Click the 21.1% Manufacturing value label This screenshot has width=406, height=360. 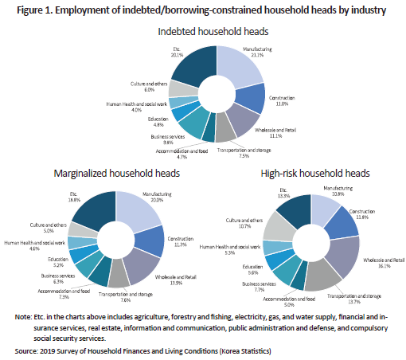coord(257,55)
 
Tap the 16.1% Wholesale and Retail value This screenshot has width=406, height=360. coord(384,266)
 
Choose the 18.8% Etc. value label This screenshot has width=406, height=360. coord(74,200)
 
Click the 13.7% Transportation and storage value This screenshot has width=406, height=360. coord(354,302)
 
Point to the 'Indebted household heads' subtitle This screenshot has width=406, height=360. coord(213,32)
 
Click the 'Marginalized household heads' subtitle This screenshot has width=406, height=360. coord(117,174)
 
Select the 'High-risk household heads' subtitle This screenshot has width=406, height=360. coord(315,174)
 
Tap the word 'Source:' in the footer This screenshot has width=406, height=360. coord(26,351)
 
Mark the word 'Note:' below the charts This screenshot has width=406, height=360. coord(23,317)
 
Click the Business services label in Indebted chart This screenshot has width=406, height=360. coord(168,137)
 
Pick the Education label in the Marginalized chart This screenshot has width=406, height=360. coord(58,260)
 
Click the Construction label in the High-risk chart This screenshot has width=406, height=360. coord(362,212)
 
